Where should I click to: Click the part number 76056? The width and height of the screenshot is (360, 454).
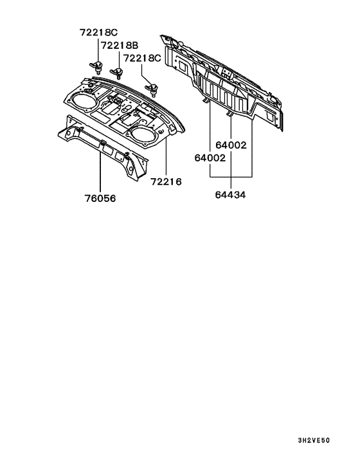(100, 199)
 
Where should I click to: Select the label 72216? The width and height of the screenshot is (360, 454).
(166, 182)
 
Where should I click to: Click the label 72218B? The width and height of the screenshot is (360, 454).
(120, 46)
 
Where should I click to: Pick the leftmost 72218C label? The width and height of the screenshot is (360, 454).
(97, 32)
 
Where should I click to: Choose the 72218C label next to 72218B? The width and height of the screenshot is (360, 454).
(142, 58)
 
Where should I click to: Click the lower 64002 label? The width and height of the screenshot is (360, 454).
(209, 158)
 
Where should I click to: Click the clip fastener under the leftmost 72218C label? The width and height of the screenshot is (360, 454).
(97, 65)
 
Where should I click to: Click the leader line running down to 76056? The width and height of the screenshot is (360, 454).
(100, 170)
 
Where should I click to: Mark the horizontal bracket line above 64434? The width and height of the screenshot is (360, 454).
(230, 176)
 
